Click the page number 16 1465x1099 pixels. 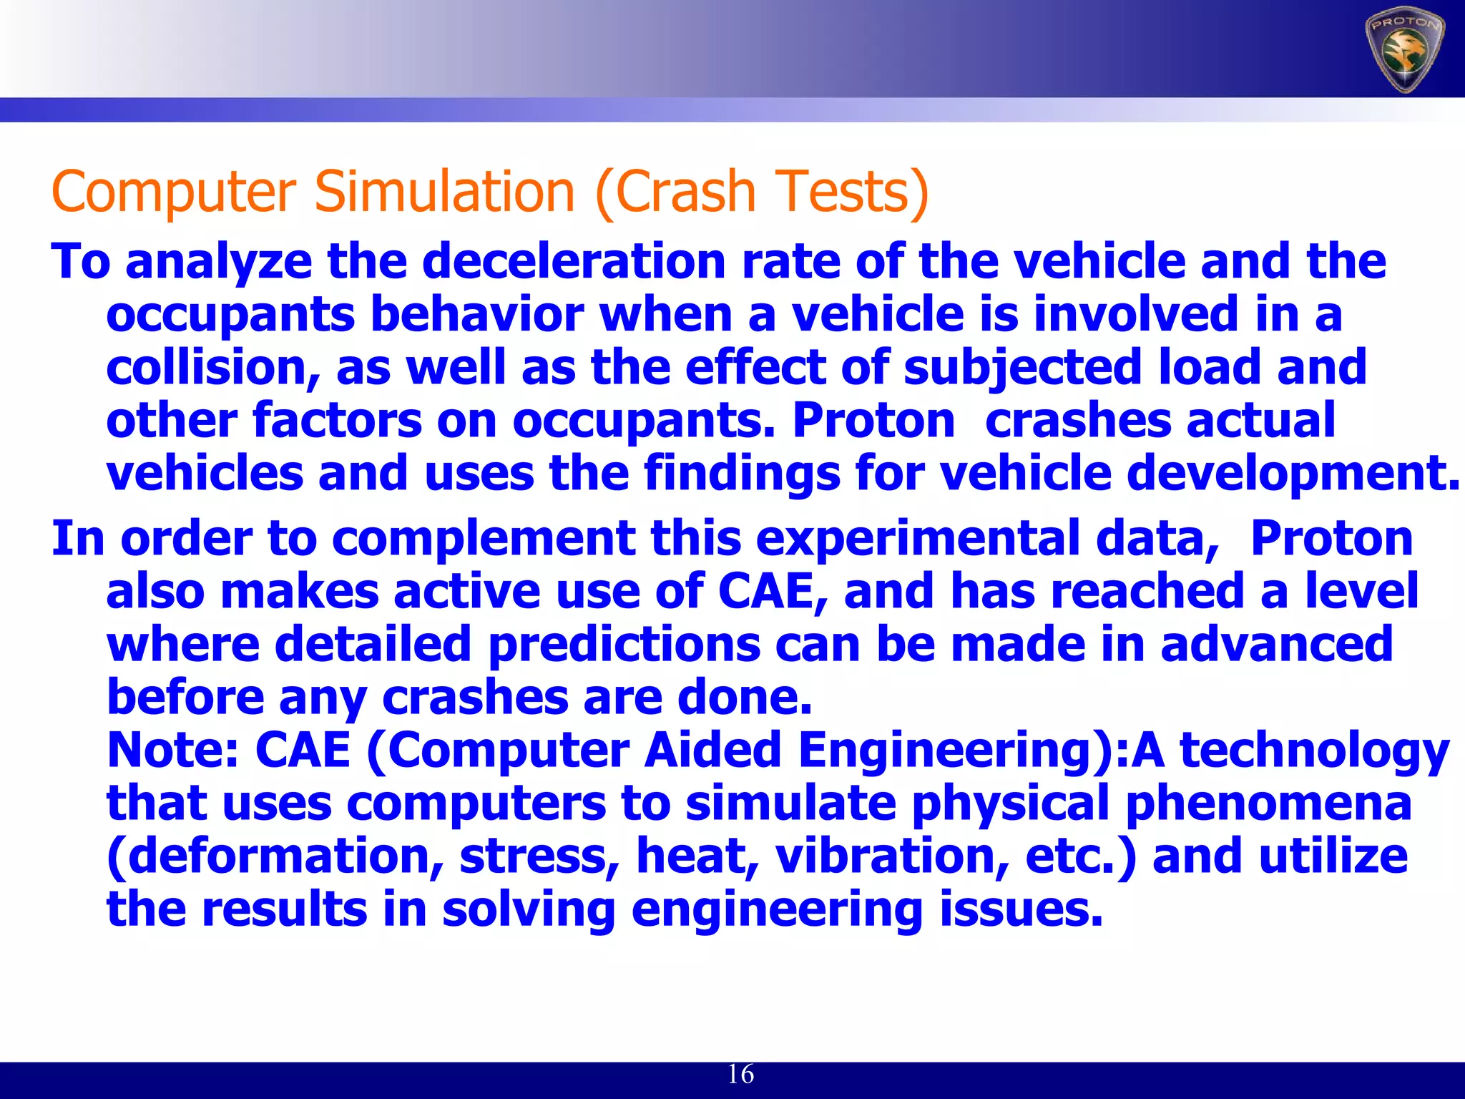tap(740, 1074)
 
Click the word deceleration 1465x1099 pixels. tap(574, 261)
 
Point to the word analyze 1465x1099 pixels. tap(219, 263)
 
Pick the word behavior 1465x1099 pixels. tap(477, 315)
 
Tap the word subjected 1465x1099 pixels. tap(1021, 368)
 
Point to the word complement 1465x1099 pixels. tap(484, 539)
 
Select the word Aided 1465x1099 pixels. tap(712, 751)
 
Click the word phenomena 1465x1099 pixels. tap(1269, 804)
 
